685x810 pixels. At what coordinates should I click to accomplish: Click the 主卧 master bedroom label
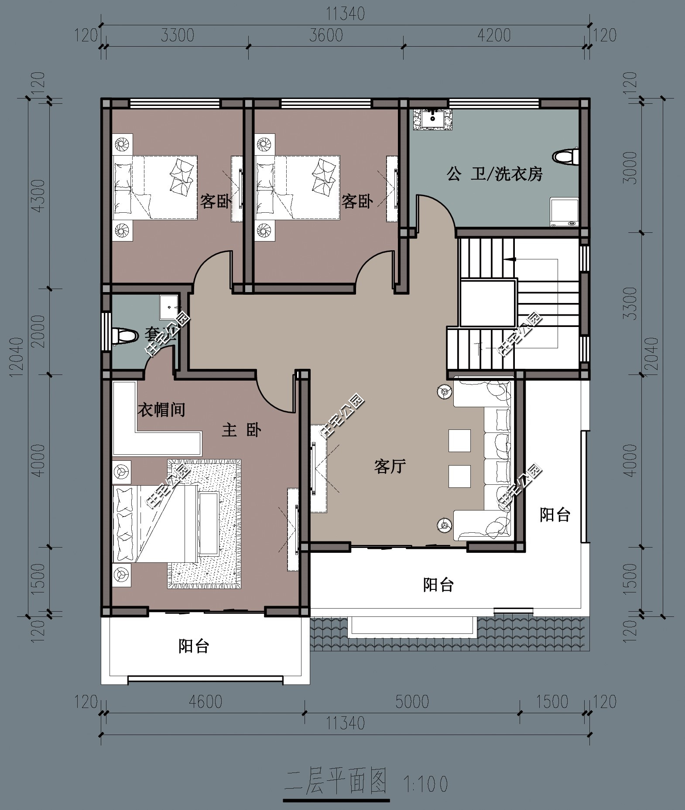241,430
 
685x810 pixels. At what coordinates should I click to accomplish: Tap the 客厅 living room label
390,466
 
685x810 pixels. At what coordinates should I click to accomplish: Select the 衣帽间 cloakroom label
161,409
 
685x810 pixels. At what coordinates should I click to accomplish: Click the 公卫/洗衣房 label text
494,174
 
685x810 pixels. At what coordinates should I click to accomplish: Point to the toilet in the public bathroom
565,157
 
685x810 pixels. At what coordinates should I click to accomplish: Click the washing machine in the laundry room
564,212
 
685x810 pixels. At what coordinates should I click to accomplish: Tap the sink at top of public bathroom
432,118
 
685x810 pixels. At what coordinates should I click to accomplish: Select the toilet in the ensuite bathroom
123,335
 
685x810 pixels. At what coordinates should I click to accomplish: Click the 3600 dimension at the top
326,35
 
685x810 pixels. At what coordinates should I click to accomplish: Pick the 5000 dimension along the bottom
412,701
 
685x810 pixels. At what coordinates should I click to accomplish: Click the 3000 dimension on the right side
631,168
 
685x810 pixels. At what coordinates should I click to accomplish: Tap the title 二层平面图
336,781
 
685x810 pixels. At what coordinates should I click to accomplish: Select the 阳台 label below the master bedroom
194,646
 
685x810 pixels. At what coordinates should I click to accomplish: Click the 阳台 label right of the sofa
555,515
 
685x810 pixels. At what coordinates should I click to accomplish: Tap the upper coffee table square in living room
459,440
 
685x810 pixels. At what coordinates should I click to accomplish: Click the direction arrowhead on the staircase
509,259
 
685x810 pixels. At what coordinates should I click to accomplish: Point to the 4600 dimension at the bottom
205,701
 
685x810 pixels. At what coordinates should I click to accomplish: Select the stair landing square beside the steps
488,303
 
